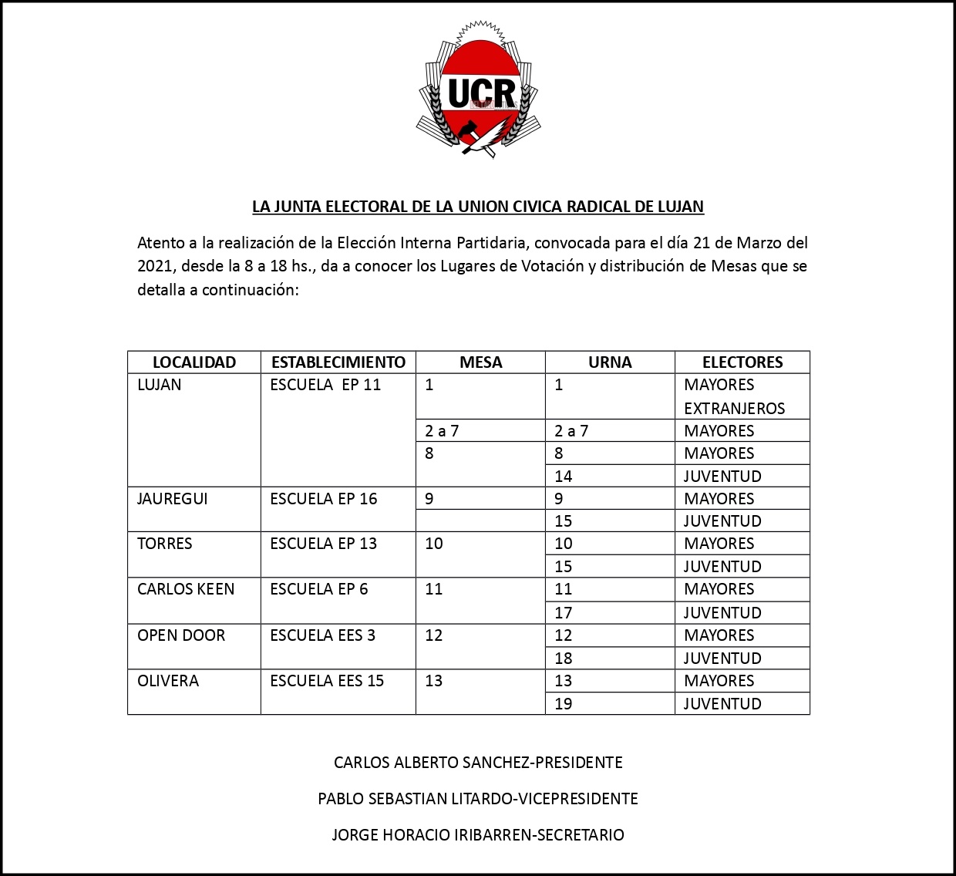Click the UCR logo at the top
point(478,91)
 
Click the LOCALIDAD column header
point(194,362)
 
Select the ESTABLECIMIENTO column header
point(338,362)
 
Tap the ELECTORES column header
point(742,362)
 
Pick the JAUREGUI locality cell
point(173,499)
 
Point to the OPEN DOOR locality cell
point(181,635)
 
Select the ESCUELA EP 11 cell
point(325,385)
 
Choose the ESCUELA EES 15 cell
point(327,681)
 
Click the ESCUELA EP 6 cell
point(319,589)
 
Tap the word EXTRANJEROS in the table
point(734,409)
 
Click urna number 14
point(564,477)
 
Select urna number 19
point(564,704)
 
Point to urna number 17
point(564,613)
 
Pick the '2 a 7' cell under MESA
point(442,431)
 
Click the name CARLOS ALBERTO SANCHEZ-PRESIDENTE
point(478,763)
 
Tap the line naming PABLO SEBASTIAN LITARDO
point(478,799)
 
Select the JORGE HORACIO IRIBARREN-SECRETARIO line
point(478,835)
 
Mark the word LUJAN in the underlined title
point(680,207)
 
